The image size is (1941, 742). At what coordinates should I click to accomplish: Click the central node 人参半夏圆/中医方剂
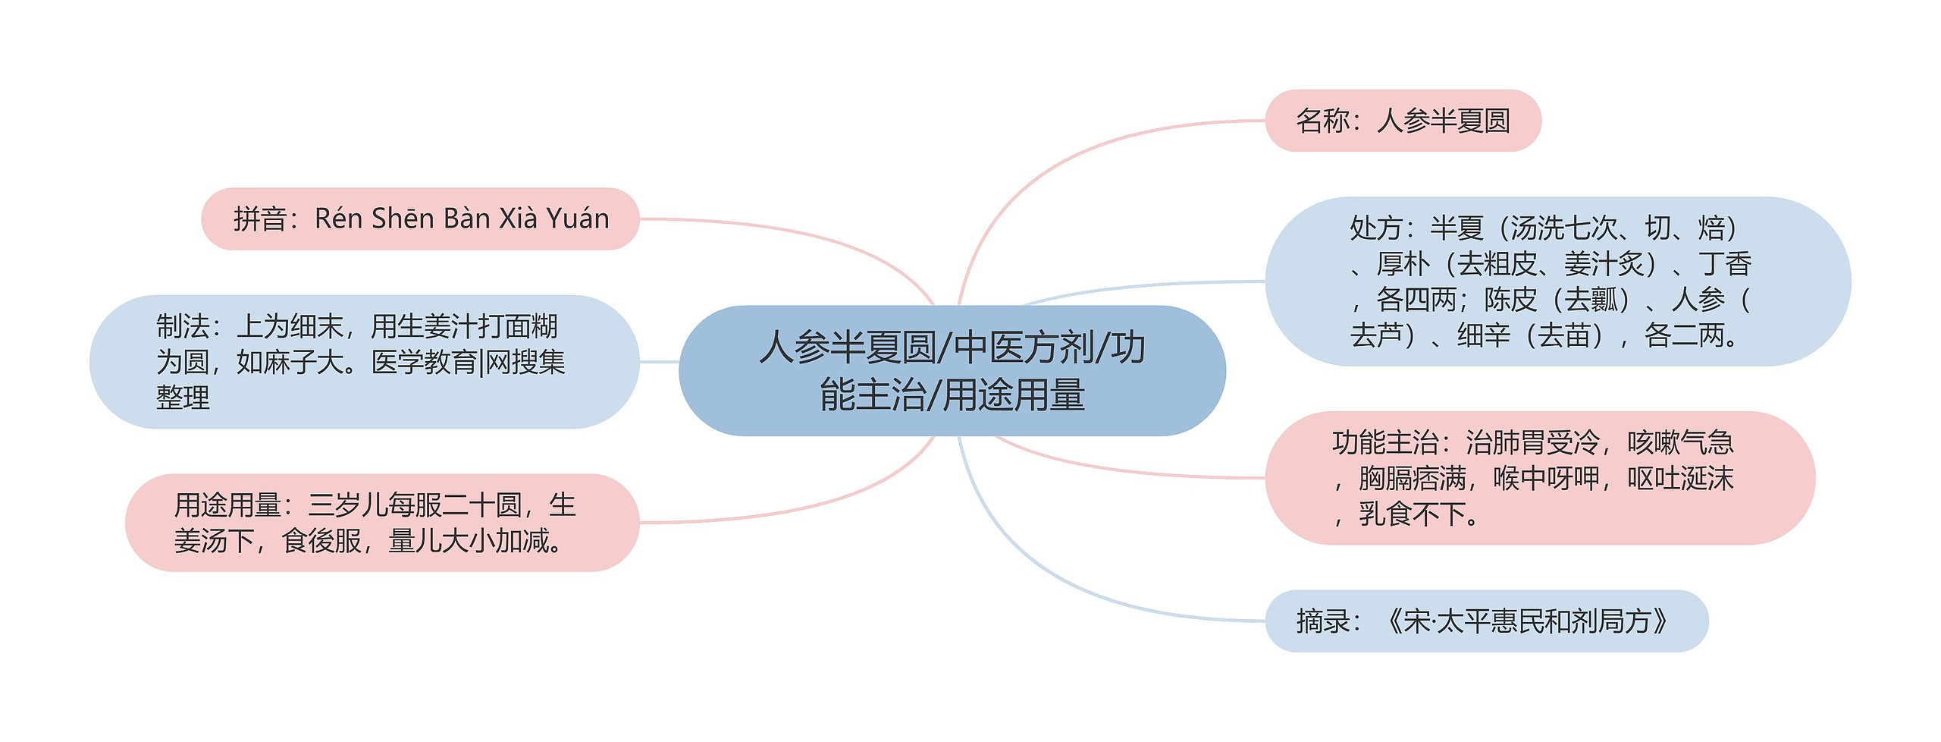(952, 370)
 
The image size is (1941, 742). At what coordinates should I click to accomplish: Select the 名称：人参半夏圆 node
(1403, 121)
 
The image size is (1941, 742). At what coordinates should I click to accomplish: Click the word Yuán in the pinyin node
(578, 219)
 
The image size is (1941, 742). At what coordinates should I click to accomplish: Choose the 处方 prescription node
(1557, 281)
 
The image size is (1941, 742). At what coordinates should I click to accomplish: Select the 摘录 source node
(1486, 621)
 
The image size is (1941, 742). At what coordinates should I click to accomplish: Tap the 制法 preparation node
(364, 362)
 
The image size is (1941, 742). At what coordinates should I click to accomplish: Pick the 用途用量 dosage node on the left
(382, 523)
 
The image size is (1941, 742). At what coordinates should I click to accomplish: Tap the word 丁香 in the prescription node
(1725, 264)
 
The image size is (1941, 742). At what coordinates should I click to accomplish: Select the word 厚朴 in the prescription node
(1403, 264)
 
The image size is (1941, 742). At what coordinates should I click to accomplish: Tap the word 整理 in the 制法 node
(183, 398)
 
